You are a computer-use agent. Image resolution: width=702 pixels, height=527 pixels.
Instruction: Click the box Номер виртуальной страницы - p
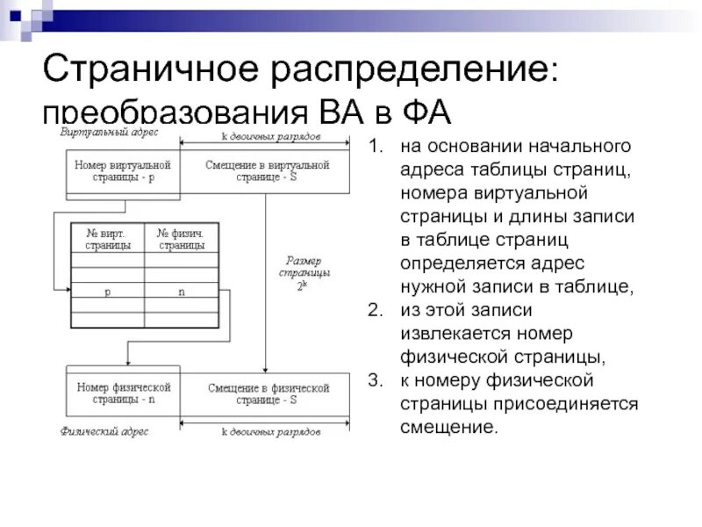click(122, 170)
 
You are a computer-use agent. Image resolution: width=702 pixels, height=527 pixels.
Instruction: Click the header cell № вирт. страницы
click(108, 239)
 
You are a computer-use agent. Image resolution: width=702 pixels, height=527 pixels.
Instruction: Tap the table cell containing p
click(108, 292)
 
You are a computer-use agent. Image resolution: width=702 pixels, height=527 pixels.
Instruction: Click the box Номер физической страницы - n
click(122, 393)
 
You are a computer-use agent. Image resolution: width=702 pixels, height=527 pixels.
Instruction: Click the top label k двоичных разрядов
click(270, 137)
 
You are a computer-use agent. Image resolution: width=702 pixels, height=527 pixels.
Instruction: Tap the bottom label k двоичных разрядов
click(270, 432)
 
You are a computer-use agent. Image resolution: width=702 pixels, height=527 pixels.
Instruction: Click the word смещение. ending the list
click(449, 428)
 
